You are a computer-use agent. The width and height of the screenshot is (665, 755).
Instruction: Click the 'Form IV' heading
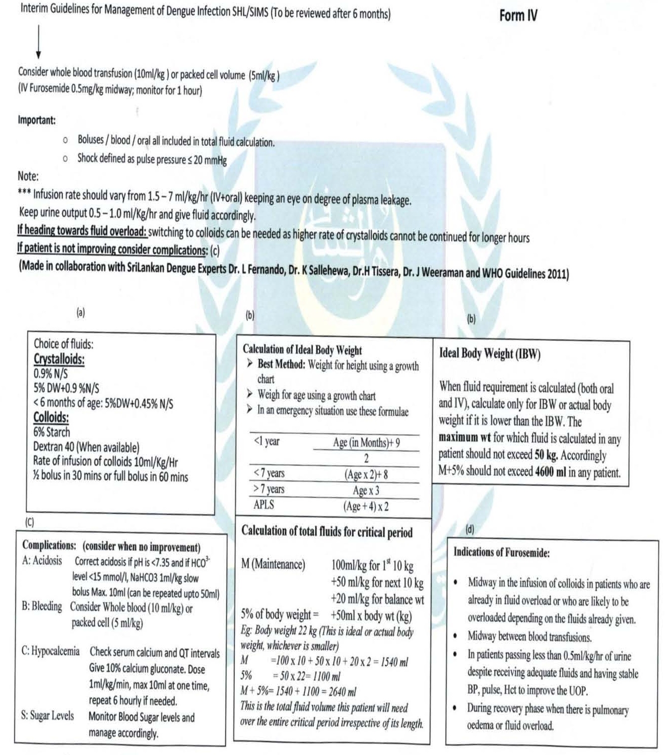518,16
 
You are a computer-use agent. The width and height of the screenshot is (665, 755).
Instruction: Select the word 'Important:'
37,120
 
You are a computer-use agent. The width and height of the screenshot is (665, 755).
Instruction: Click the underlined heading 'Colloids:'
51,417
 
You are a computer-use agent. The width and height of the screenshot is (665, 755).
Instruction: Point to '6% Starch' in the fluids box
51,432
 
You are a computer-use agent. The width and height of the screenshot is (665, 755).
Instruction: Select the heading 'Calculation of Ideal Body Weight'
302,350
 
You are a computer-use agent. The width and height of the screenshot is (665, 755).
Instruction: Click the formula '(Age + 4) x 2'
366,506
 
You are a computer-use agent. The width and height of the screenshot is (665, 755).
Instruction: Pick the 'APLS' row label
263,505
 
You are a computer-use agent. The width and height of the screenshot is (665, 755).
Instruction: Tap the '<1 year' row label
267,442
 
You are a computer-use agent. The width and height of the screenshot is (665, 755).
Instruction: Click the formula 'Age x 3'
366,490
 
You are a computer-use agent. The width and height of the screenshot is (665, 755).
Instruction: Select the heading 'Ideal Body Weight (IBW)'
490,353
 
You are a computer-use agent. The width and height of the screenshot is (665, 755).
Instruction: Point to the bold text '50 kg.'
546,455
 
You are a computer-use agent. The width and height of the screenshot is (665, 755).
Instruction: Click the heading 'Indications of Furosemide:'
501,552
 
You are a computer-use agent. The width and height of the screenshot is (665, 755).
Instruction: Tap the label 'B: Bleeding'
42,606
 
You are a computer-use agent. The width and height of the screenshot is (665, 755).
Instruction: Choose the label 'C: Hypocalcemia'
50,651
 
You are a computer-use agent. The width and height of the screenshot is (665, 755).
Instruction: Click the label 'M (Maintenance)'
273,564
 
